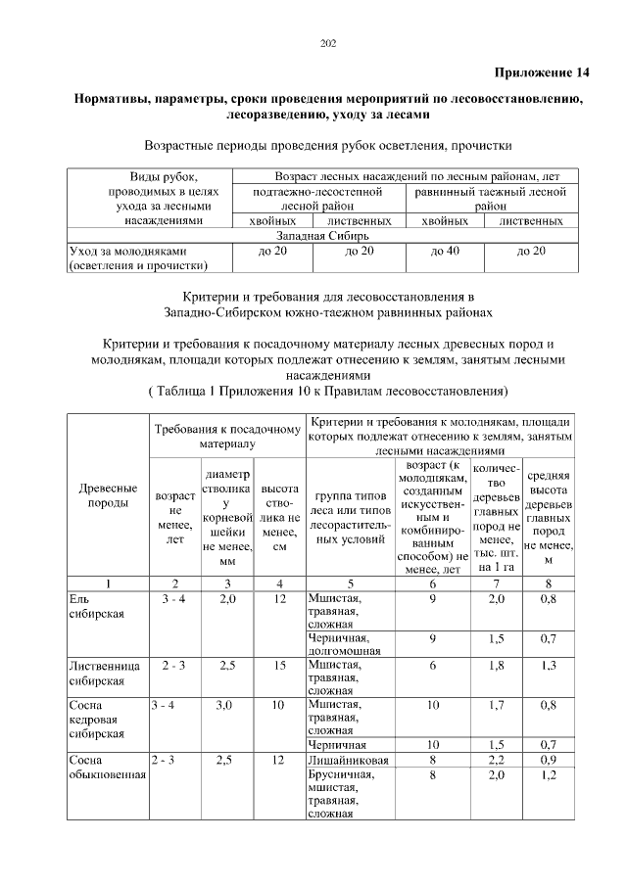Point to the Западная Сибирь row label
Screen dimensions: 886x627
click(321, 236)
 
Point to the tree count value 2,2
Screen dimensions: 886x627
click(497, 760)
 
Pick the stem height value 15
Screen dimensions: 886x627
click(279, 666)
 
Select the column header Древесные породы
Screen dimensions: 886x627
click(107, 494)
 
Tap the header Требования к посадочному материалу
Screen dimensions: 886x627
click(226, 436)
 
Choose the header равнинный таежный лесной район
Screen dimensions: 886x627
click(491, 200)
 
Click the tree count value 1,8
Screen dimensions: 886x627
click(497, 666)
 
